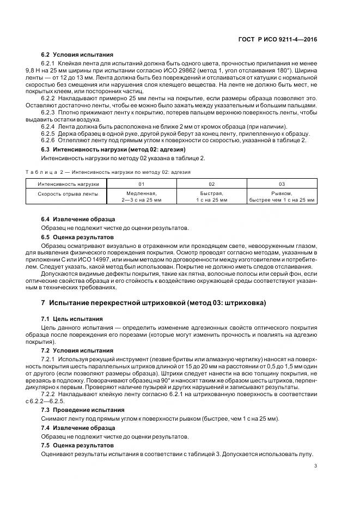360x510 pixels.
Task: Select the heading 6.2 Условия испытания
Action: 77,54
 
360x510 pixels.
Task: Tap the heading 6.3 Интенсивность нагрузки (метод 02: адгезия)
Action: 114,149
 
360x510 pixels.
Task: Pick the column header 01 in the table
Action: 141,184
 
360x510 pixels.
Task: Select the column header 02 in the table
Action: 211,184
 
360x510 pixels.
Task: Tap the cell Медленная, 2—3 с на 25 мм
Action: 141,197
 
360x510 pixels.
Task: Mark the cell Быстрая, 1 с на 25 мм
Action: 211,197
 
